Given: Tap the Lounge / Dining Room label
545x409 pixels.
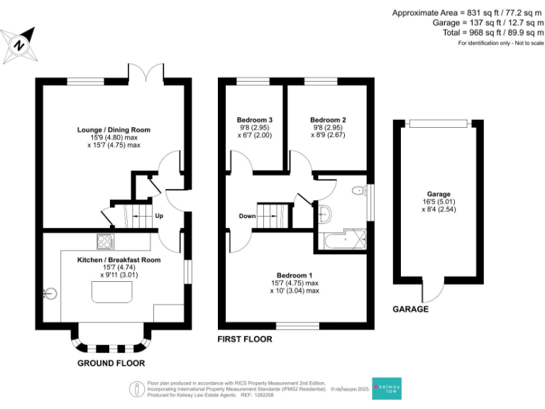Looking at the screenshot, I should tap(114, 130).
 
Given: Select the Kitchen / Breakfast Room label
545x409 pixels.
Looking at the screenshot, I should tap(119, 260).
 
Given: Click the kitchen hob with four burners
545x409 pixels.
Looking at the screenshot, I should tap(104, 241).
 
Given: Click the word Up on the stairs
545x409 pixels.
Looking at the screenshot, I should tap(160, 216).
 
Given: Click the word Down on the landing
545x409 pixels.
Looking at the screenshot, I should tap(247, 216).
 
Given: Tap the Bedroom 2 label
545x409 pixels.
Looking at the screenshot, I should tap(328, 119).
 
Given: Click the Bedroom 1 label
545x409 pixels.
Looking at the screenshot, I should tap(294, 276).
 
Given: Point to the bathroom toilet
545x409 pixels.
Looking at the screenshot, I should tap(358, 190).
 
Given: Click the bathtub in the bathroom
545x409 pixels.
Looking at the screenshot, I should tap(343, 240).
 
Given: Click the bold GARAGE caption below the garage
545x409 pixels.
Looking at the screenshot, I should tap(412, 310).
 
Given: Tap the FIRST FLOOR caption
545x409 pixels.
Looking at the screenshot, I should tap(245, 339).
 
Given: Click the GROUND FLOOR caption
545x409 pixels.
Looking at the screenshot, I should tap(111, 363).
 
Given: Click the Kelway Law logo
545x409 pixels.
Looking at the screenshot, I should tap(387, 389).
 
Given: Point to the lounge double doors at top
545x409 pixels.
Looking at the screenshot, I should tap(150, 73).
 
